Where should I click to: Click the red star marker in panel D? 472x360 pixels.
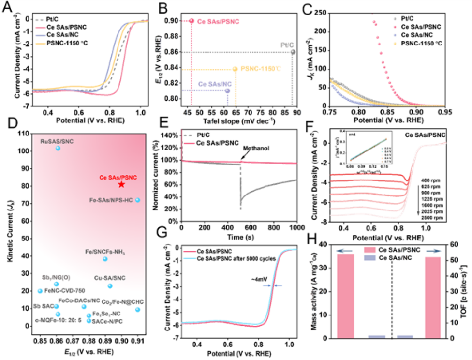[x=121, y=184]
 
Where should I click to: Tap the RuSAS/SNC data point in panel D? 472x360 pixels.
[x=58, y=148]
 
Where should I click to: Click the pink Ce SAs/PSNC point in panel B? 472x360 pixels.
[x=192, y=21]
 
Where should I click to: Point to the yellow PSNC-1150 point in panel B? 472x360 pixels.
[x=236, y=69]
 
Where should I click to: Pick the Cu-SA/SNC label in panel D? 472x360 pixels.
[x=109, y=278]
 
